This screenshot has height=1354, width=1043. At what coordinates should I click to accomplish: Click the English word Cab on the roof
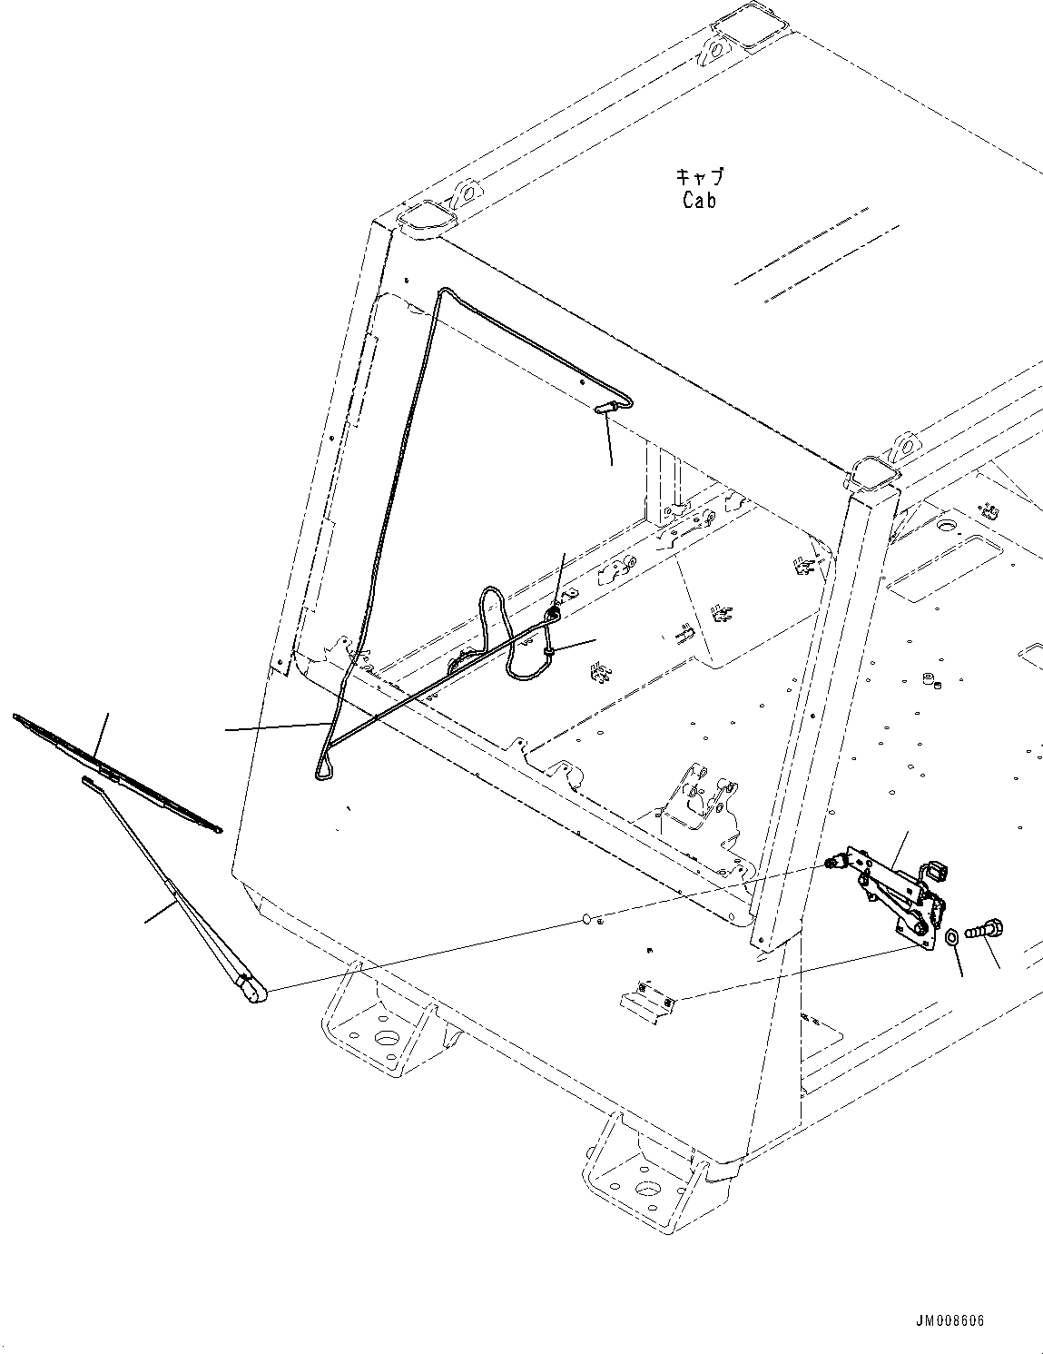point(699,200)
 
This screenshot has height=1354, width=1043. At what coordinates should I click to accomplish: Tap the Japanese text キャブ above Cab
point(700,176)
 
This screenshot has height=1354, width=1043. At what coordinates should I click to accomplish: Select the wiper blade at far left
point(116,773)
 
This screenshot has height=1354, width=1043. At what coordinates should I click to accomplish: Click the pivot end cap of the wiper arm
point(252,991)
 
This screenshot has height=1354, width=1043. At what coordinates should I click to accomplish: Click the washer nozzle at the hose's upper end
point(606,410)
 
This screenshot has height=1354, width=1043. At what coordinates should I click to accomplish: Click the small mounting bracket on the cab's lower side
point(649,998)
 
